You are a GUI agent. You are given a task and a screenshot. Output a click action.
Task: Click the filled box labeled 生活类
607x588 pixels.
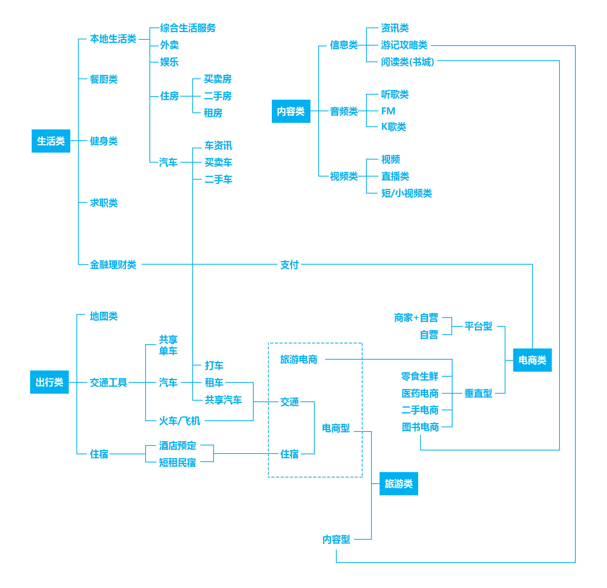(51, 141)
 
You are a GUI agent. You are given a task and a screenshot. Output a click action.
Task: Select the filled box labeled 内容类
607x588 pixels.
(291, 111)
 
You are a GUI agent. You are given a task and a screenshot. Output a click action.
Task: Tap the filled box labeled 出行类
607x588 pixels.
(49, 382)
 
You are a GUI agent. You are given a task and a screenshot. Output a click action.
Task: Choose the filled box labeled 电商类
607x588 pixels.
(532, 360)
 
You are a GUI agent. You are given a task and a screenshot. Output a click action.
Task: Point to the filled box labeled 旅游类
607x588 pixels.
(399, 484)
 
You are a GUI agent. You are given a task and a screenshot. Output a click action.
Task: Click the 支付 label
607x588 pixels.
(290, 265)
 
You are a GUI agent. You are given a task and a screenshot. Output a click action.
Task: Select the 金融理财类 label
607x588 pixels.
(113, 265)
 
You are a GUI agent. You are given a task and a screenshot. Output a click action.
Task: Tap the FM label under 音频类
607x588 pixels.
(388, 111)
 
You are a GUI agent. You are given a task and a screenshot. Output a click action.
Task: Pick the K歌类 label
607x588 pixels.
(393, 127)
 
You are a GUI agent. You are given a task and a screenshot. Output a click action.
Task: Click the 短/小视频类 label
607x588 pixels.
(407, 193)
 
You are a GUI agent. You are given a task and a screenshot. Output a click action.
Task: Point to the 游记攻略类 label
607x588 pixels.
(404, 45)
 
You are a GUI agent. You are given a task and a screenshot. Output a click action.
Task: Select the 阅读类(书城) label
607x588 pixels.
(408, 62)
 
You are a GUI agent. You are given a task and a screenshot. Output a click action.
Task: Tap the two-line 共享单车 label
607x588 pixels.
(168, 345)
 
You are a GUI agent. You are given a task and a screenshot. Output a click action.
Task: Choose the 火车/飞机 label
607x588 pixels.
(180, 421)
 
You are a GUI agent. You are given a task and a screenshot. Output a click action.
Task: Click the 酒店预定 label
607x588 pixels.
(178, 445)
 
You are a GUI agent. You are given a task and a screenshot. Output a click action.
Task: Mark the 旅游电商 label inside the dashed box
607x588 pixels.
(299, 359)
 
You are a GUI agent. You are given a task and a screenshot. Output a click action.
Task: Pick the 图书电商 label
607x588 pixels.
(420, 427)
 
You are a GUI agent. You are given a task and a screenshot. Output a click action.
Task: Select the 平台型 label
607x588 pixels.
(478, 326)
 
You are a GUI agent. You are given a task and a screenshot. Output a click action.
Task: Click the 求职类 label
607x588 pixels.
(104, 203)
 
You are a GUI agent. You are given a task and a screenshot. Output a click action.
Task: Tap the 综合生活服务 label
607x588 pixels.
(188, 28)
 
